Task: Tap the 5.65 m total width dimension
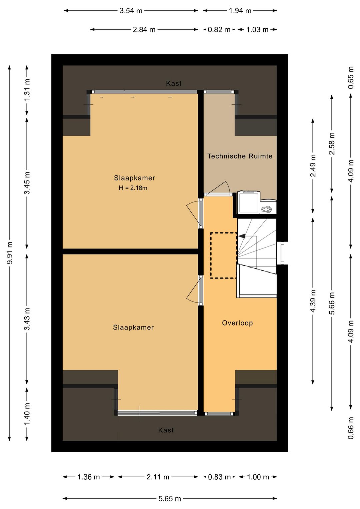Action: (170, 499)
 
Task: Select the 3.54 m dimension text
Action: (131, 11)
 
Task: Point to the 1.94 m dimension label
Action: (240, 11)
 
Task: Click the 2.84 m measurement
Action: (144, 30)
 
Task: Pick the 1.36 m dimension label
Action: (89, 477)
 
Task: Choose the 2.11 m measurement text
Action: (158, 477)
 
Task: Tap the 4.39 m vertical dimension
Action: (313, 301)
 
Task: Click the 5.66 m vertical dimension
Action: (332, 303)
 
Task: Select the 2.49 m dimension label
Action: (313, 166)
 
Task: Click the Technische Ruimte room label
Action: (240, 156)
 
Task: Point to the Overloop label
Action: (237, 323)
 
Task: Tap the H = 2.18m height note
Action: (133, 188)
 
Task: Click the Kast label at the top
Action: (174, 83)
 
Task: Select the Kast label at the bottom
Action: (166, 430)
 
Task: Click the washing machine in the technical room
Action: (249, 202)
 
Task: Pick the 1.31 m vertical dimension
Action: (27, 90)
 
